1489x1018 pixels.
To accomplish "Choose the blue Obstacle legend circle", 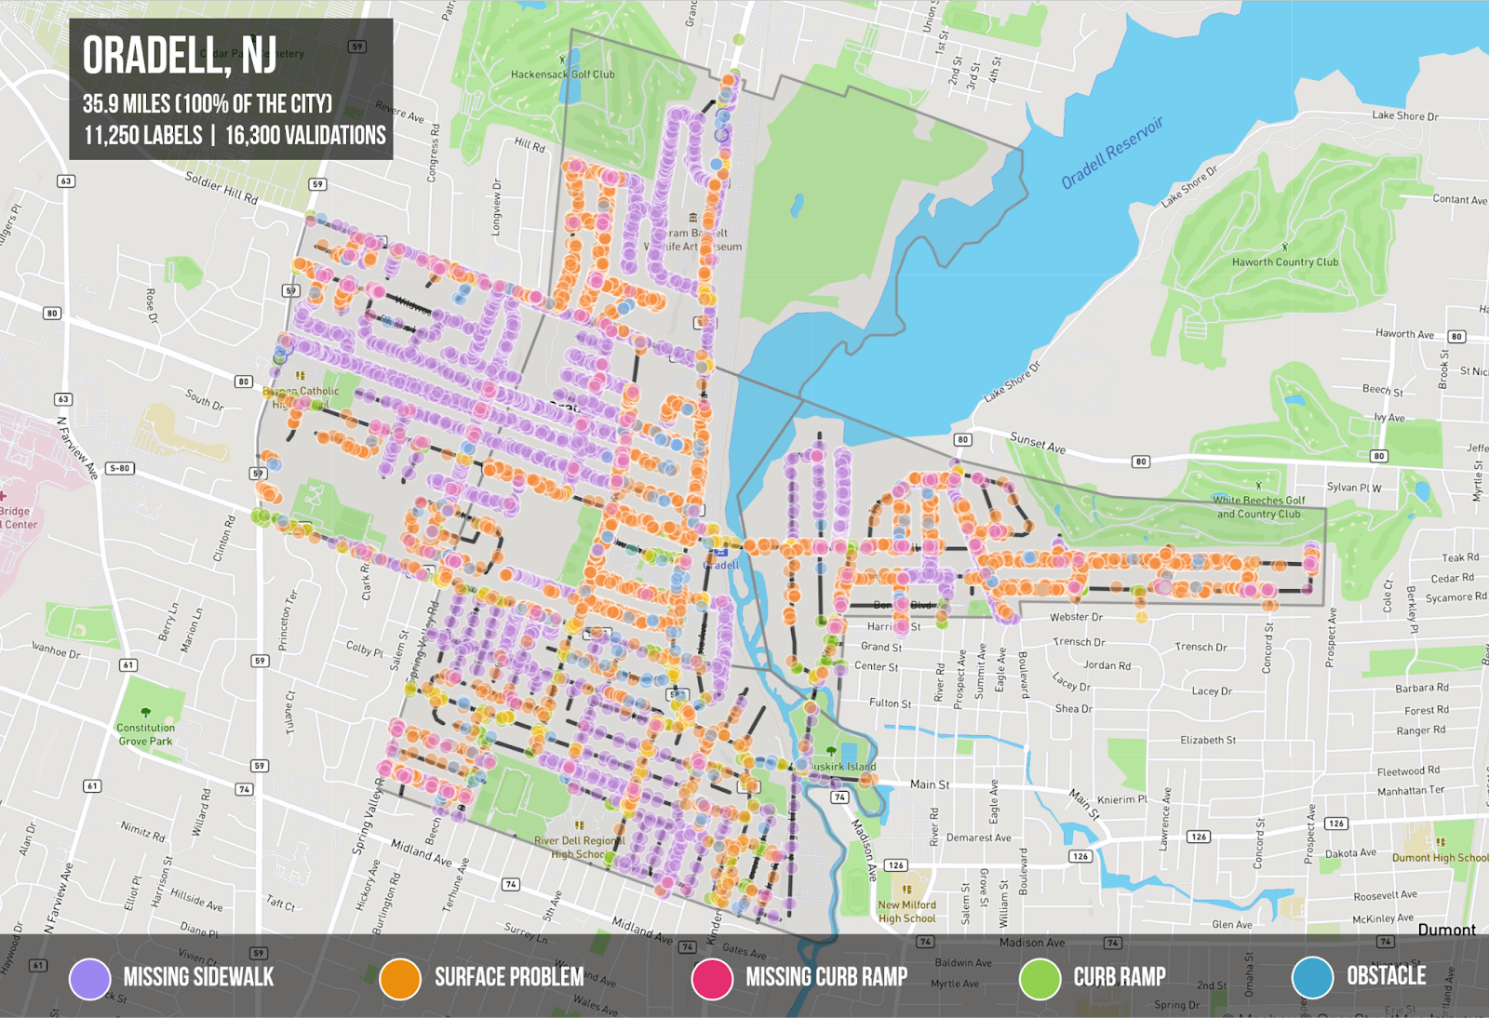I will tap(1312, 977).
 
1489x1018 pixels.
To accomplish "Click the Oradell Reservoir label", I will tap(1112, 153).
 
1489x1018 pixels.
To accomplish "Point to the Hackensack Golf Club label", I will tap(562, 74).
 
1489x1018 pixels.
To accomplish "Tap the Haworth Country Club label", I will tap(1284, 262).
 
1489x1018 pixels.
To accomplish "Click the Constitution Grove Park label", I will tap(145, 734).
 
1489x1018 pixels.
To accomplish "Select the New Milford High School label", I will tap(906, 911).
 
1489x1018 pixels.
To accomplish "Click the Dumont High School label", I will tap(1439, 857).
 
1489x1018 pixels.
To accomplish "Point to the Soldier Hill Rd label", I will tap(221, 187).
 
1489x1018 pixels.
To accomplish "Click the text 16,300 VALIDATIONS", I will tap(305, 136).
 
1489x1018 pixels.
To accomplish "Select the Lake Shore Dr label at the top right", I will tap(1404, 116).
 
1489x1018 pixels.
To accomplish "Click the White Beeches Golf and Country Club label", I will tap(1258, 507).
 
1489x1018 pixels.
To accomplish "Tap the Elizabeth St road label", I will tap(1207, 740).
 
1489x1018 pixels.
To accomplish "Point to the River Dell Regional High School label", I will tap(579, 847).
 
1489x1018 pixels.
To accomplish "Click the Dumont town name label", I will tap(1445, 929).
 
